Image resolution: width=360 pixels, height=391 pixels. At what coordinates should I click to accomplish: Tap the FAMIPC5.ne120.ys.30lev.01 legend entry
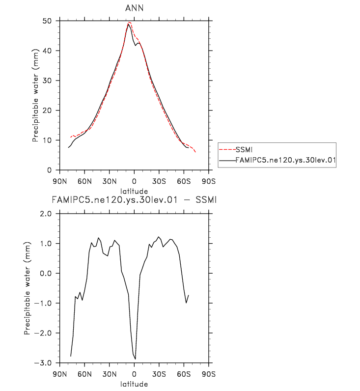point(285,160)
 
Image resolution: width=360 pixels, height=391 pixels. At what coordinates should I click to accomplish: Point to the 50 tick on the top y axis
point(49,21)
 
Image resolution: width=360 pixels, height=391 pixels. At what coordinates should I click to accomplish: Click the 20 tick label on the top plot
point(49,111)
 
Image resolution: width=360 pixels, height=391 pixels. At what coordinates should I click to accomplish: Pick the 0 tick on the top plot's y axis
point(51,170)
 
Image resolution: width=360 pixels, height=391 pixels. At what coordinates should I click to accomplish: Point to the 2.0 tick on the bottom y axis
point(46,214)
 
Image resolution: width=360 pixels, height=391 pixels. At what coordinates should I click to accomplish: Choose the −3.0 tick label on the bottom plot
point(44,363)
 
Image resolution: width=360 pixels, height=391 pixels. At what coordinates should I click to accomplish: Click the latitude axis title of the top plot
point(134,190)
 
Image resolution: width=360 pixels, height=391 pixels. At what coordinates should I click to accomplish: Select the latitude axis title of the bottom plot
point(134,383)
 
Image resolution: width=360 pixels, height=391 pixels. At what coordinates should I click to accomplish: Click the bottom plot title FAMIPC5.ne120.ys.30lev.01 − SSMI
point(135,200)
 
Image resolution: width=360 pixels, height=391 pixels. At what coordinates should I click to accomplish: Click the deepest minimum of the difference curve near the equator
point(135,359)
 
